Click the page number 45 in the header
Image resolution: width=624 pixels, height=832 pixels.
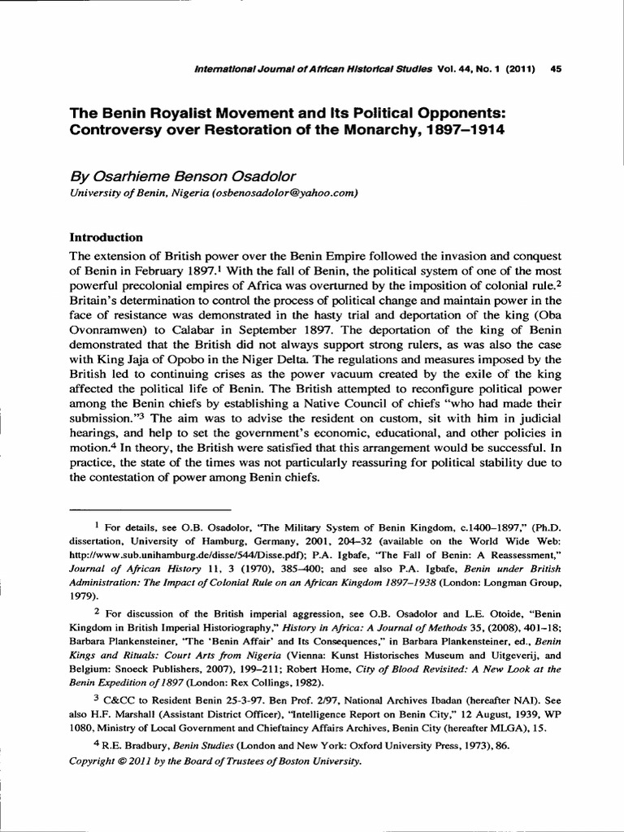pos(557,68)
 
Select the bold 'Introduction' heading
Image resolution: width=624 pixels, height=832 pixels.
pos(106,237)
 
